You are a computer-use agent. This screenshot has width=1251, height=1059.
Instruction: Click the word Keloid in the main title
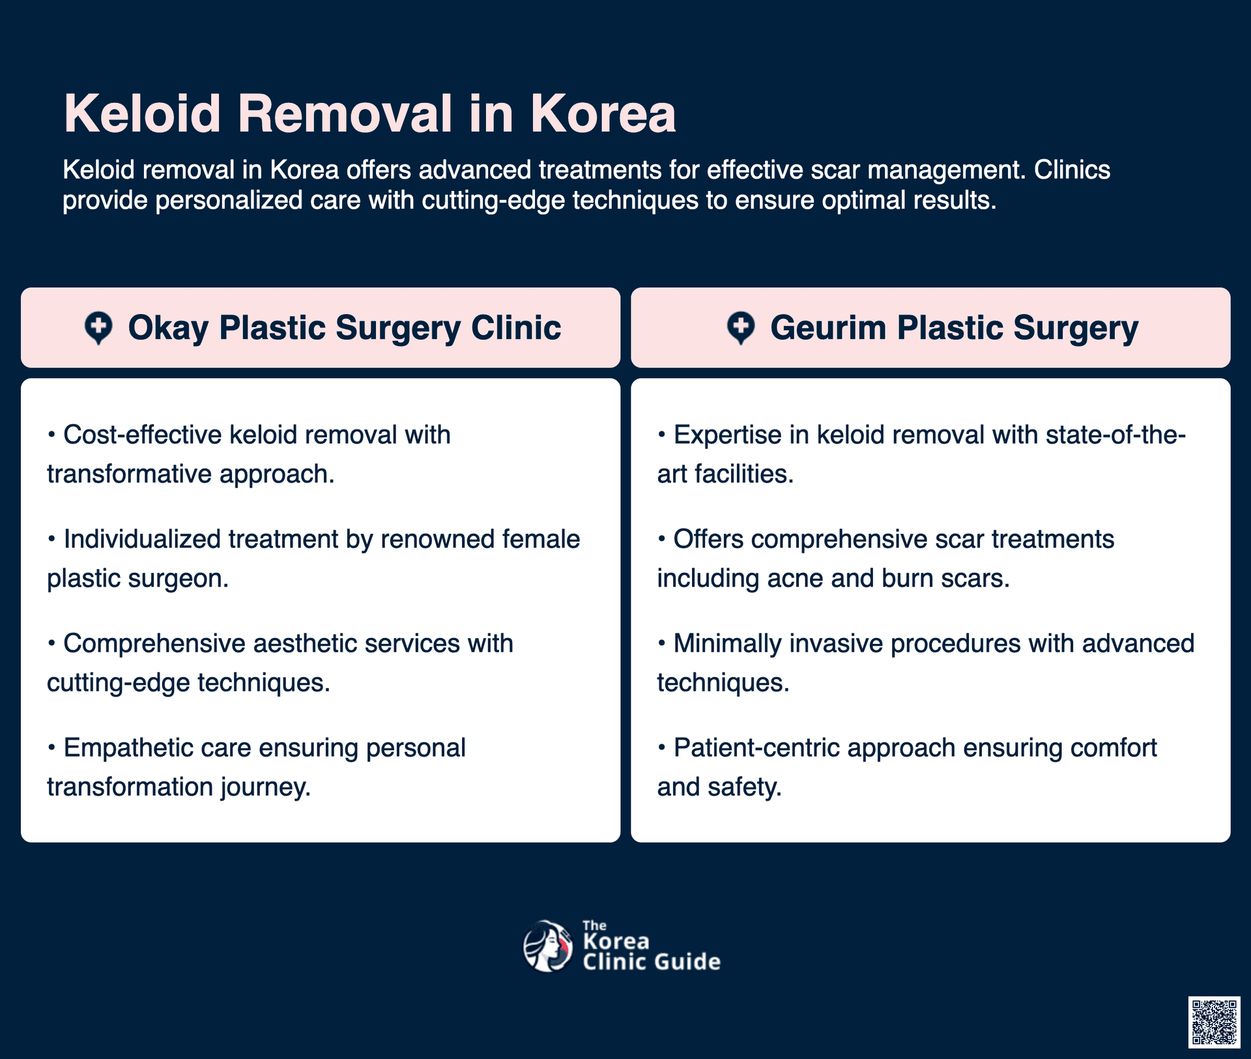point(143,113)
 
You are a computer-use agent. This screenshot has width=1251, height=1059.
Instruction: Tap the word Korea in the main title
point(603,113)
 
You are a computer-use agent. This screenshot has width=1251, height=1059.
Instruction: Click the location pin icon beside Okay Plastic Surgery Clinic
point(98,328)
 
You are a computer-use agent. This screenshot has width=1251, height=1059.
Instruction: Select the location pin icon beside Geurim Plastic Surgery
point(741,328)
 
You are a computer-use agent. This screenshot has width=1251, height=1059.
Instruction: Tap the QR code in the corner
point(1214,1022)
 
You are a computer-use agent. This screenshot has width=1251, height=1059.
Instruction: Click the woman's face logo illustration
point(548,946)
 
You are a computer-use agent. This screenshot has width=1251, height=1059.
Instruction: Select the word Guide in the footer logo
point(688,962)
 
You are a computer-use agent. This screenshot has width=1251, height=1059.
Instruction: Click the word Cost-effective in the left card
point(143,435)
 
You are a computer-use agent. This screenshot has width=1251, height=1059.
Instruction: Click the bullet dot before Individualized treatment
point(51,540)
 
